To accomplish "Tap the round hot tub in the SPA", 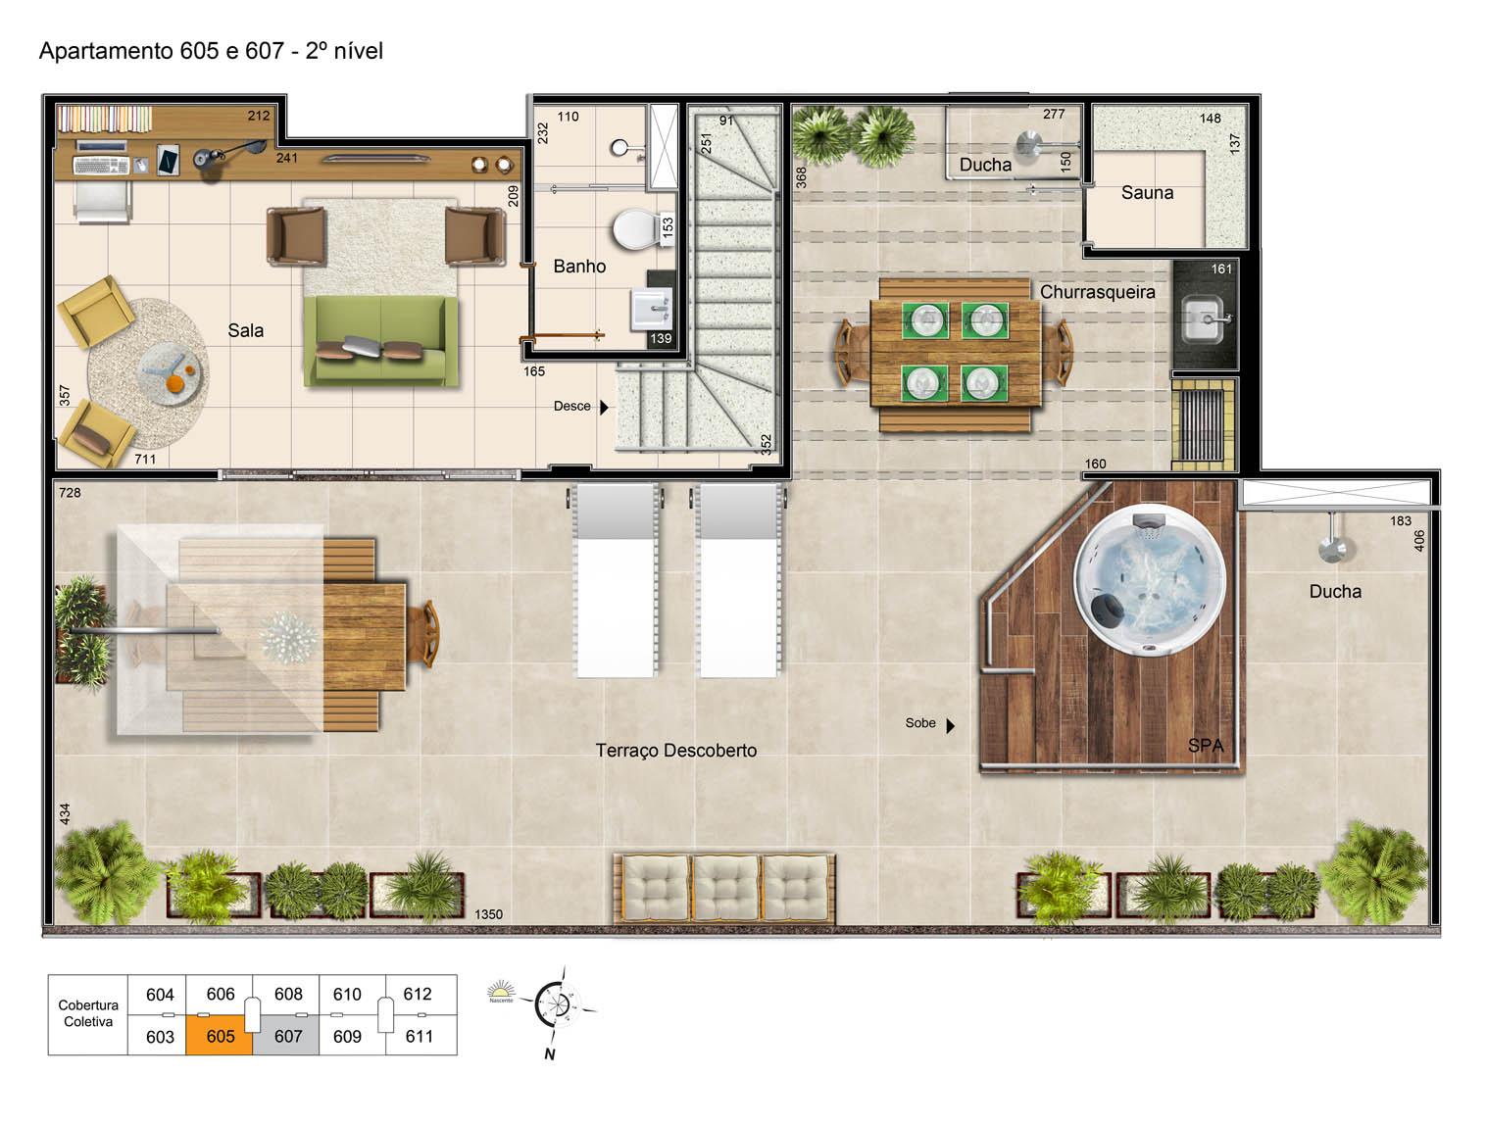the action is tap(1150, 581).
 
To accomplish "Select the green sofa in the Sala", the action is tap(380, 340).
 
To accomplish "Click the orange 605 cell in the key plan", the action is tap(220, 1036).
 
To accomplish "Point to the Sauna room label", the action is tap(1147, 192).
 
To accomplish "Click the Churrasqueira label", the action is tap(1098, 292).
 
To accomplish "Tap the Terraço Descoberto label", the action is tap(675, 750).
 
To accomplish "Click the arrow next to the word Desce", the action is tap(604, 407).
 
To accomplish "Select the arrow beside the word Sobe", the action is tap(950, 725).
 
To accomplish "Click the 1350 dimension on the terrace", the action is tap(488, 914).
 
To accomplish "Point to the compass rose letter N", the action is tap(549, 1053).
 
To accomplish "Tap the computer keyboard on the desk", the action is tap(100, 166).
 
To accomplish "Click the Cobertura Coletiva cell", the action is tap(88, 1013).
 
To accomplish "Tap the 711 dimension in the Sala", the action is tap(145, 459).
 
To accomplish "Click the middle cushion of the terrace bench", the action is tap(725, 888).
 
